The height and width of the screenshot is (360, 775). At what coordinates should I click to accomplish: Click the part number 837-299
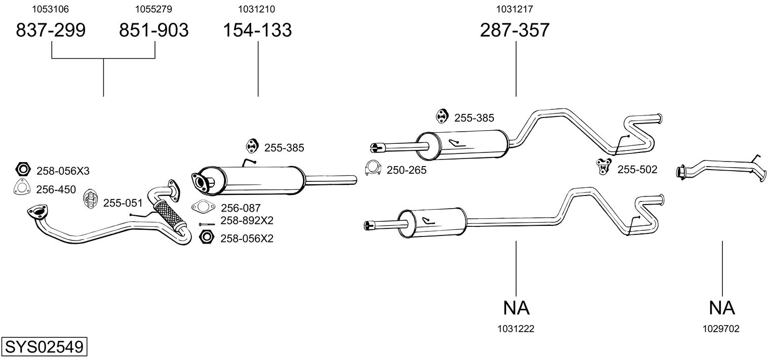[51, 30]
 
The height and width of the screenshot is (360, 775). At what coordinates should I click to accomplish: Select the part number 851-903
[154, 30]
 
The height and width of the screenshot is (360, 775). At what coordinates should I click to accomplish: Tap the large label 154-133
[258, 30]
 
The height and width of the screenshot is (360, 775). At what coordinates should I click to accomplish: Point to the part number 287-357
[515, 30]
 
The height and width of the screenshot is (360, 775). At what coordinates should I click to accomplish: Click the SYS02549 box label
[44, 347]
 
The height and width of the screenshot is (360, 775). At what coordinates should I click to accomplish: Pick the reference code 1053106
[51, 9]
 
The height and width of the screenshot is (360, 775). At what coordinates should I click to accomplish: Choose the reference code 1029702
[721, 329]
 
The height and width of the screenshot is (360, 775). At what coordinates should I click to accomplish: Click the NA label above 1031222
[516, 307]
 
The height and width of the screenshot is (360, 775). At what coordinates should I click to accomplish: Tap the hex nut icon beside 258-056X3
[22, 169]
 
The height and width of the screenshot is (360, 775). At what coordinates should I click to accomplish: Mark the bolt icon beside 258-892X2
[207, 224]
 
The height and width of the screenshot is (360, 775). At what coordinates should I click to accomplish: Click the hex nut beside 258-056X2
[206, 236]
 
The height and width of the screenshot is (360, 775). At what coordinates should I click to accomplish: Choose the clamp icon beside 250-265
[373, 169]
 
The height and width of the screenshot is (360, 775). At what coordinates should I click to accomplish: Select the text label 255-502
[637, 170]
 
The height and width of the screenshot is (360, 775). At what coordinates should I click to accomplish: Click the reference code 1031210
[258, 9]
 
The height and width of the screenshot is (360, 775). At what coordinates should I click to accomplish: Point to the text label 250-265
[406, 171]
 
